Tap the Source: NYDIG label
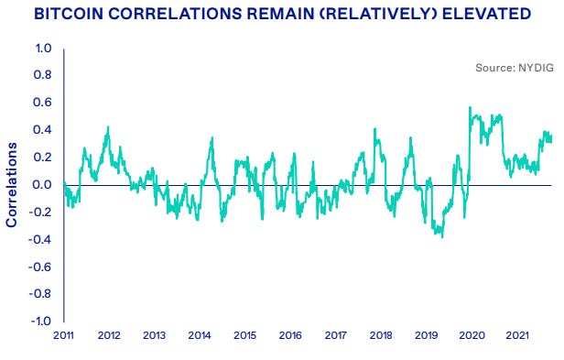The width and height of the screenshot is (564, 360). point(515,68)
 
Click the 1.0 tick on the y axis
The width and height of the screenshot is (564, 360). point(43,49)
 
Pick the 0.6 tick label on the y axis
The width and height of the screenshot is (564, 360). point(43,104)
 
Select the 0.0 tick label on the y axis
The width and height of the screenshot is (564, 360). point(43,185)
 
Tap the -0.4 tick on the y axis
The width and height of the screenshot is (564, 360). point(41,240)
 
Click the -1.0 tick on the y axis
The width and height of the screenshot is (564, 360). point(41,322)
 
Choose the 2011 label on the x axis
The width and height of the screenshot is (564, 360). point(63,337)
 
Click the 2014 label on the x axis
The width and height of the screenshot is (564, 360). point(199,337)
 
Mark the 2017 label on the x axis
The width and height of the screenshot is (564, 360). point(335,337)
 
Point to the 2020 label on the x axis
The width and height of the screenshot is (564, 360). point(471,337)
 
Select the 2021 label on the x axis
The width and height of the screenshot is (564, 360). point(516,337)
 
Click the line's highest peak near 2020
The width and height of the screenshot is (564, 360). point(470,107)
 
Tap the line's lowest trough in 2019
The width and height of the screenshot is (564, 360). point(443,237)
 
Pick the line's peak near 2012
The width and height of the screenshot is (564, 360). point(108,127)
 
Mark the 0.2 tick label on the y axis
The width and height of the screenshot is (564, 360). point(43,158)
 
